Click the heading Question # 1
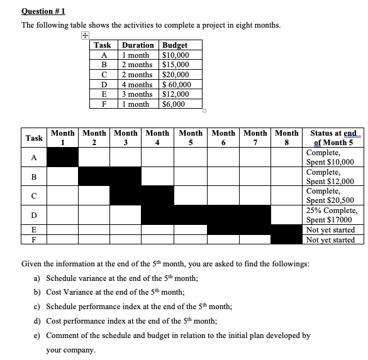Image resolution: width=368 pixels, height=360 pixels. pos(43,11)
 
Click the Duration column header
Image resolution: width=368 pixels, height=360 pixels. pos(138,45)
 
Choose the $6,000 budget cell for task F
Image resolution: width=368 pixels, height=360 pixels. pos(174,104)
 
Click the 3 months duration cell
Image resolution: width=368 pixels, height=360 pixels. pos(137,94)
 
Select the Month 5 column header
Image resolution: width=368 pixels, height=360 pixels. pos(191,137)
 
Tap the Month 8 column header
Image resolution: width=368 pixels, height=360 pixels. pos(287,137)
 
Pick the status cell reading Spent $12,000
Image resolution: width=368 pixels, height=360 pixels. pos(330,182)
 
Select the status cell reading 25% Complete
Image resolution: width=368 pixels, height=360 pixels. pos(332,210)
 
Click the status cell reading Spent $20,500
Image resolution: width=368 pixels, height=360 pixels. pos(330,200)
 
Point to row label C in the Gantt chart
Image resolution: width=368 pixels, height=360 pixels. pos(34,196)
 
